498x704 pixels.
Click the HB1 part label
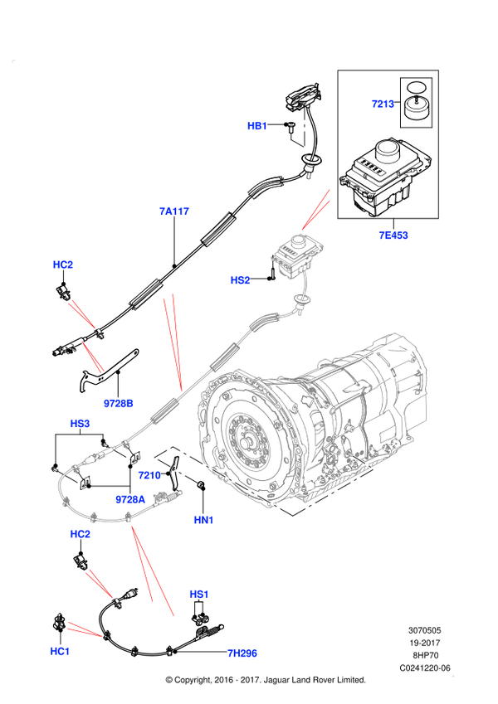256,126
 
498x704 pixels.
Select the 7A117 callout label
175,211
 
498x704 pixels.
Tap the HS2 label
240,280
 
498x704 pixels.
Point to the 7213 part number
383,104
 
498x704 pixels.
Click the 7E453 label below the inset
393,235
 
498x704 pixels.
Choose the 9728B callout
118,403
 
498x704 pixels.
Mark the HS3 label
80,424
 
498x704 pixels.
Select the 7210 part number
149,475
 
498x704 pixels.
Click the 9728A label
130,499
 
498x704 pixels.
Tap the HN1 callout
203,520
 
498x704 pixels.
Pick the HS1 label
199,595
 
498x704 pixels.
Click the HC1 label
60,652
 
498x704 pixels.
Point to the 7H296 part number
242,653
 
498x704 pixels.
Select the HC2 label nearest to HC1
80,534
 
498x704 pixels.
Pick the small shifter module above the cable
295,251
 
